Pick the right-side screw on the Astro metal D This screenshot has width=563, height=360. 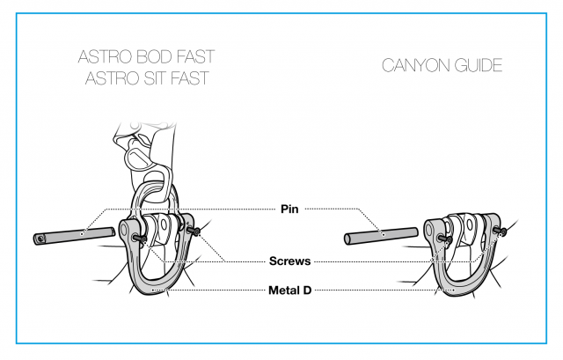point(194,231)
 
